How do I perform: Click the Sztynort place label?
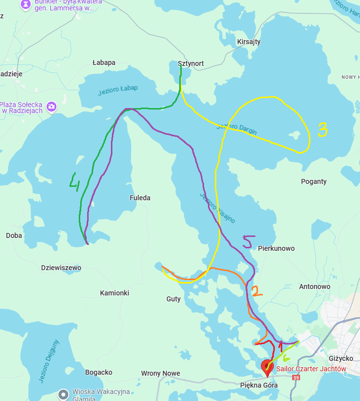(191, 63)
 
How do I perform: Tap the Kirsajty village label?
(249, 42)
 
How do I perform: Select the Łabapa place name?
(104, 62)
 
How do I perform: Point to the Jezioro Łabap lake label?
(118, 90)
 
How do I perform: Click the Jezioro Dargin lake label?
(236, 130)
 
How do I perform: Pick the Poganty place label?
(314, 181)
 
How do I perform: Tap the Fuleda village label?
(140, 198)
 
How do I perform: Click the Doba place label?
(14, 235)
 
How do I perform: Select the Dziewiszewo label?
(61, 268)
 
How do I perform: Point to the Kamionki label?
(114, 293)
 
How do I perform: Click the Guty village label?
(173, 299)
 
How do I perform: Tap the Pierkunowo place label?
(276, 248)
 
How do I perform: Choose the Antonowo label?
(314, 286)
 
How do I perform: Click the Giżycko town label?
(341, 358)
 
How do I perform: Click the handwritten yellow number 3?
(322, 130)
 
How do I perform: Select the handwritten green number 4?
(75, 182)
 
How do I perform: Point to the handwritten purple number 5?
(249, 241)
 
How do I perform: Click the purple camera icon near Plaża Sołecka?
(51, 107)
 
